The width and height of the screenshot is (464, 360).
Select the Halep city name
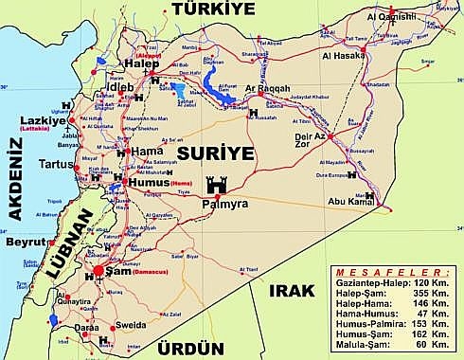point(138,64)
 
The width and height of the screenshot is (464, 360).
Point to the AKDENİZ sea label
point(12,177)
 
